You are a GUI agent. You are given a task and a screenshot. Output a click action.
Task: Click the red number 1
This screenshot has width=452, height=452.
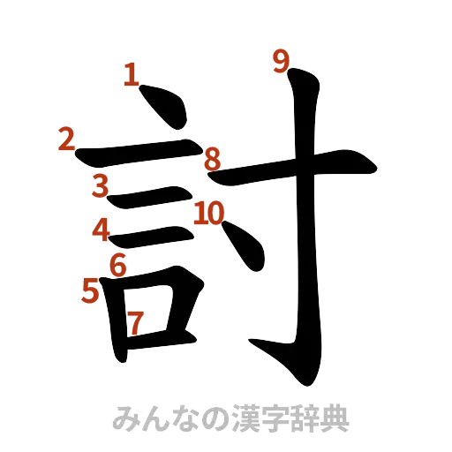point(132,74)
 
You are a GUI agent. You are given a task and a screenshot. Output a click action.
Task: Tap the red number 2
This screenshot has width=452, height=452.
point(67,139)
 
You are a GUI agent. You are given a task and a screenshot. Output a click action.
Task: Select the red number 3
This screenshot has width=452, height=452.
point(101,185)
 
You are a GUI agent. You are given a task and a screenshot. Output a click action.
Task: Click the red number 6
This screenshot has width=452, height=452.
point(118,264)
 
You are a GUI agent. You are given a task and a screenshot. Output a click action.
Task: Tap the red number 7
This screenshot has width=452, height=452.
point(134,323)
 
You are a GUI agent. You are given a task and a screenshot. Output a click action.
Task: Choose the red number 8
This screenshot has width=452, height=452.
point(212,160)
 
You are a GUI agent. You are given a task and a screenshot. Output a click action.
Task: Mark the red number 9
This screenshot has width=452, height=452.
point(281,62)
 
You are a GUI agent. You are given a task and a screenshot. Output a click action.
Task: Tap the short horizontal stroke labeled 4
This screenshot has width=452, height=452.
point(154,235)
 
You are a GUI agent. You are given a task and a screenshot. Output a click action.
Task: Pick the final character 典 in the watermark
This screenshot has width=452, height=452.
point(335,418)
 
